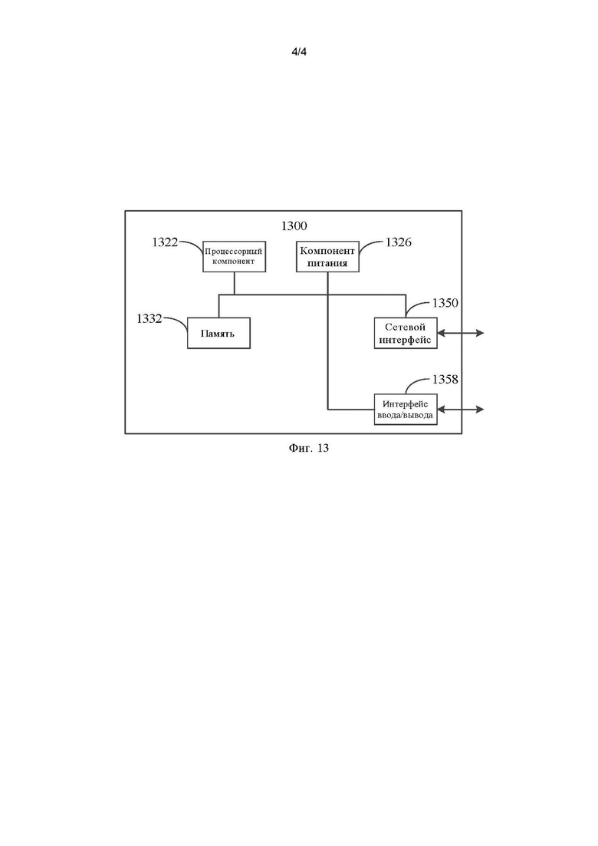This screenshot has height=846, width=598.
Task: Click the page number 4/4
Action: (x=299, y=52)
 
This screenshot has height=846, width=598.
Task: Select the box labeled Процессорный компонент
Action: (x=234, y=256)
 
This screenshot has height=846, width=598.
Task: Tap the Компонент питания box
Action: (x=328, y=256)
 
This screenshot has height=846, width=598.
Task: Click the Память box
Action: (x=219, y=333)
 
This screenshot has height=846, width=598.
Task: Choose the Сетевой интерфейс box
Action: (x=406, y=333)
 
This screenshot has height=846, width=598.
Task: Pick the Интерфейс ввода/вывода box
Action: (x=406, y=410)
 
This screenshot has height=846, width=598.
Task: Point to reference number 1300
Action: (x=294, y=226)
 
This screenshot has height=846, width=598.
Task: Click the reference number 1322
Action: (x=165, y=242)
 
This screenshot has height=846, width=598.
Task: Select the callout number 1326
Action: (x=399, y=242)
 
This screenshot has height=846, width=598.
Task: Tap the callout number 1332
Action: (x=149, y=319)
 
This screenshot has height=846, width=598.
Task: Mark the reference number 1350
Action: (x=445, y=303)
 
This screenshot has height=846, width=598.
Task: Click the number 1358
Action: (x=445, y=380)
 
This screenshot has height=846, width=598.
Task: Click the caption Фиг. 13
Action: (x=309, y=448)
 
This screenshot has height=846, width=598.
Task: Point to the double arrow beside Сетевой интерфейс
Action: (x=461, y=334)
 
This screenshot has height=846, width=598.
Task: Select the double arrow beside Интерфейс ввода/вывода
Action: (x=461, y=410)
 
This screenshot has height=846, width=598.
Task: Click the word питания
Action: (x=327, y=263)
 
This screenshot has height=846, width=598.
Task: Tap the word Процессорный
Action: (x=234, y=252)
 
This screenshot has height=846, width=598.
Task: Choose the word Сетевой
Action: (x=405, y=327)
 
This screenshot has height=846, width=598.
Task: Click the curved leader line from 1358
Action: (x=416, y=382)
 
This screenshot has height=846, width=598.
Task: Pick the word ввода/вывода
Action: (x=405, y=416)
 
